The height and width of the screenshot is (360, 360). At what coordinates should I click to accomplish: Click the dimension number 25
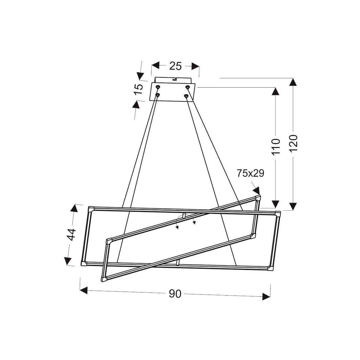click(x=175, y=66)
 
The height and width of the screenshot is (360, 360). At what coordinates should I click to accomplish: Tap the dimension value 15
click(x=139, y=89)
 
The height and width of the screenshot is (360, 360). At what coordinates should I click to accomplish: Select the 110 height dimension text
click(x=276, y=147)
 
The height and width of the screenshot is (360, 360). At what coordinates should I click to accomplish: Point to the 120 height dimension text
click(x=293, y=143)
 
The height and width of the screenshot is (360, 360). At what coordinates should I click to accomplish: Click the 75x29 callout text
click(x=250, y=173)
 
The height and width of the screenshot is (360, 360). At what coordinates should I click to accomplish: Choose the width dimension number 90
click(x=175, y=294)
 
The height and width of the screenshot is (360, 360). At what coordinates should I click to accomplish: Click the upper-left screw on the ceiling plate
click(x=158, y=87)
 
